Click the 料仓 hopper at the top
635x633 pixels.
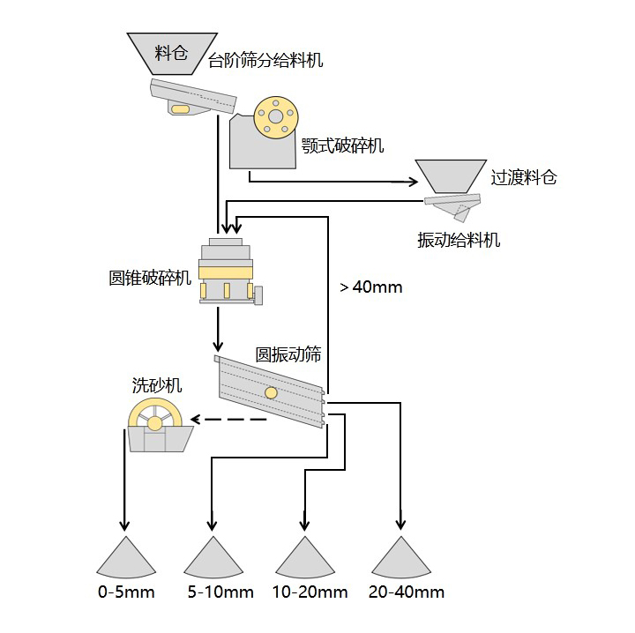coord(171,53)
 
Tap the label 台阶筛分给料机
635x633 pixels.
coord(265,61)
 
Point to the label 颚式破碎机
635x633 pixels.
coord(343,145)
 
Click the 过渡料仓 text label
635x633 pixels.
coord(524,177)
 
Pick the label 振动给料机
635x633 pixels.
coord(459,240)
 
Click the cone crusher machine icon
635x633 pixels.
coord(227,271)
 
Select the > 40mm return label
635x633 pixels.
coord(370,287)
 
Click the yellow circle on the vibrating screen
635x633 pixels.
coord(271,392)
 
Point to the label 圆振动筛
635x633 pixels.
coord(288,354)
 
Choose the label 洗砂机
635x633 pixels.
coord(157,384)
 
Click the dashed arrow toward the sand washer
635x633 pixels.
coord(229,419)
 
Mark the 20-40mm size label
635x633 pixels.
coord(407,592)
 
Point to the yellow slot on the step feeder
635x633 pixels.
coord(181,108)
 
